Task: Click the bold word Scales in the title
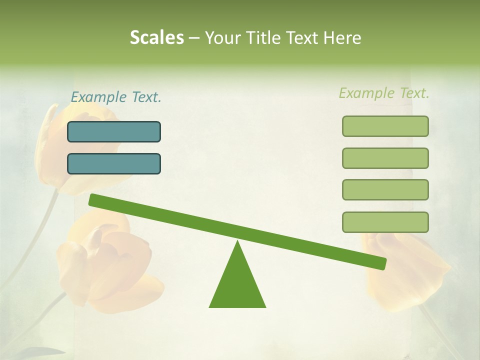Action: pyautogui.click(x=156, y=38)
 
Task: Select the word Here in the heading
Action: pyautogui.click(x=341, y=38)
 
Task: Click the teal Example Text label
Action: pyautogui.click(x=116, y=97)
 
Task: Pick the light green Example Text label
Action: pyautogui.click(x=384, y=93)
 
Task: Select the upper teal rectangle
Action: pyautogui.click(x=114, y=131)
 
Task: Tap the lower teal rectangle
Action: pyautogui.click(x=114, y=163)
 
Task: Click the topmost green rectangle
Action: pyautogui.click(x=385, y=126)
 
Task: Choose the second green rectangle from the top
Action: pyautogui.click(x=385, y=158)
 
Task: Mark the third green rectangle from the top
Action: pyautogui.click(x=385, y=189)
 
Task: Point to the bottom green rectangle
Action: pyautogui.click(x=385, y=222)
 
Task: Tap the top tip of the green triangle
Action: pyautogui.click(x=238, y=242)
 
